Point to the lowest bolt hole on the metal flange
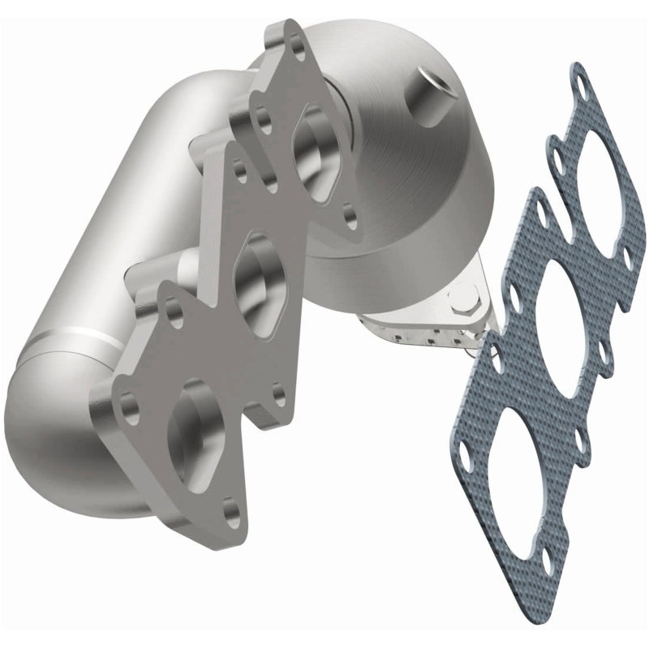tap(231, 510)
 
